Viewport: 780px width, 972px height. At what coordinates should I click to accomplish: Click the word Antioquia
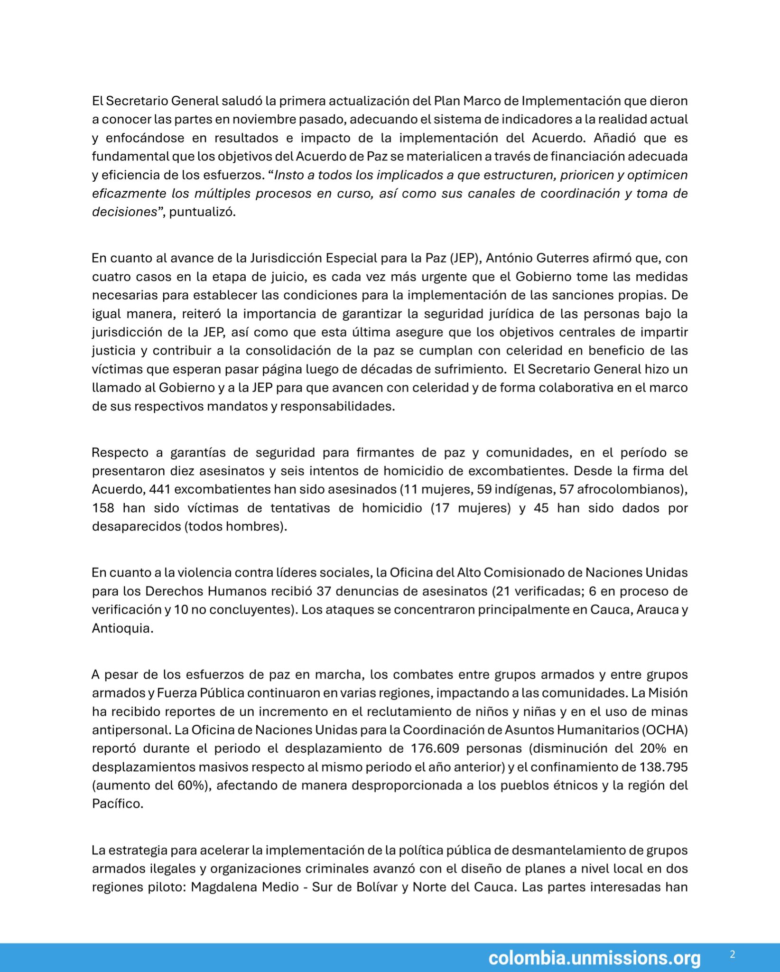[122, 629]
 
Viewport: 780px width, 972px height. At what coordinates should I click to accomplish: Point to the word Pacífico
[117, 804]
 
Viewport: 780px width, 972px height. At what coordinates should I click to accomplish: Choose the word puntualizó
[202, 212]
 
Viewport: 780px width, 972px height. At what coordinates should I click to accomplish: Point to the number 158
[103, 508]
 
